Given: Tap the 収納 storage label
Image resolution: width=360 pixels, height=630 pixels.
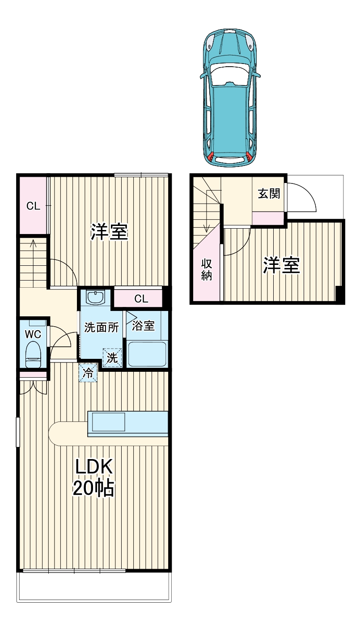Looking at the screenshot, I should click(x=206, y=269).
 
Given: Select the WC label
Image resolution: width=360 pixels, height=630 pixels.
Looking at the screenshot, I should click(x=33, y=334).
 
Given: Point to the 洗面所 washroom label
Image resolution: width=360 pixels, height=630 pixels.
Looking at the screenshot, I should click(x=102, y=327).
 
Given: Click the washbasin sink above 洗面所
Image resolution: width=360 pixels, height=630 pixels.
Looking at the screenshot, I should click(x=95, y=297).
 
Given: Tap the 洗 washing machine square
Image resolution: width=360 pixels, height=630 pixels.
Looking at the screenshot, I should click(x=112, y=358).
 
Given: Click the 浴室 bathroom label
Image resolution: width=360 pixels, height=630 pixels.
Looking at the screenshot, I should click(x=144, y=326).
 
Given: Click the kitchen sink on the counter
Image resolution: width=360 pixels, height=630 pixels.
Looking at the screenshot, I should click(x=109, y=421).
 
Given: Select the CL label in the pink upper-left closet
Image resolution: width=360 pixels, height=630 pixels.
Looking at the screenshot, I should click(x=33, y=206).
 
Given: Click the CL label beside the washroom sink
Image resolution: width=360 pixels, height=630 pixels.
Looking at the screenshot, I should click(x=141, y=299).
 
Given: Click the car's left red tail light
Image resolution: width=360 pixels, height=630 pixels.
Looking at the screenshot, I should click(x=211, y=157).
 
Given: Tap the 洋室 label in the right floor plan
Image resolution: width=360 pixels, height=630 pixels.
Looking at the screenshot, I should click(x=281, y=266).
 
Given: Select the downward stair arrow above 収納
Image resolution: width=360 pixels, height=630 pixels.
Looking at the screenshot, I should click(x=207, y=227).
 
